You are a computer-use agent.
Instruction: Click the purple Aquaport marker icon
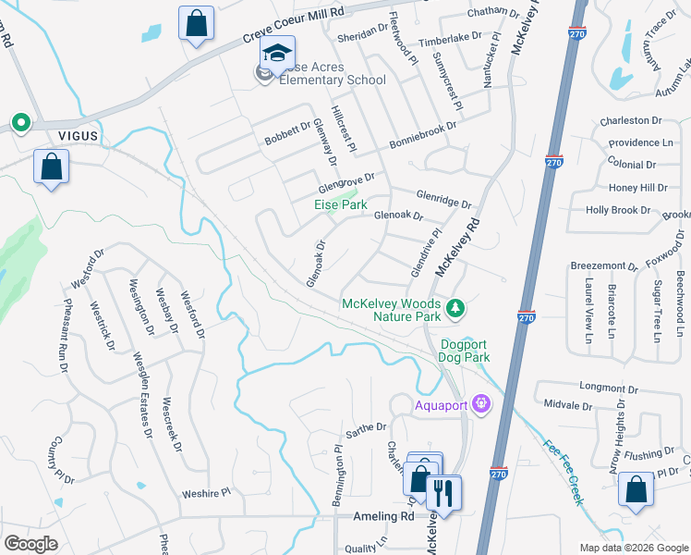point(480,404)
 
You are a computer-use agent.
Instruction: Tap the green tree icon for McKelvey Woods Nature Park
point(454,308)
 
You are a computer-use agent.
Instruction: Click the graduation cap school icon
point(276,55)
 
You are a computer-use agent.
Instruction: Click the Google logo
point(30,544)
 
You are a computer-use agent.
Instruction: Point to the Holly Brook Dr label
point(624,210)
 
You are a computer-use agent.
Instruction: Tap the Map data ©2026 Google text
point(632,548)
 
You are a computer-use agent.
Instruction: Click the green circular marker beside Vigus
point(19,122)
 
